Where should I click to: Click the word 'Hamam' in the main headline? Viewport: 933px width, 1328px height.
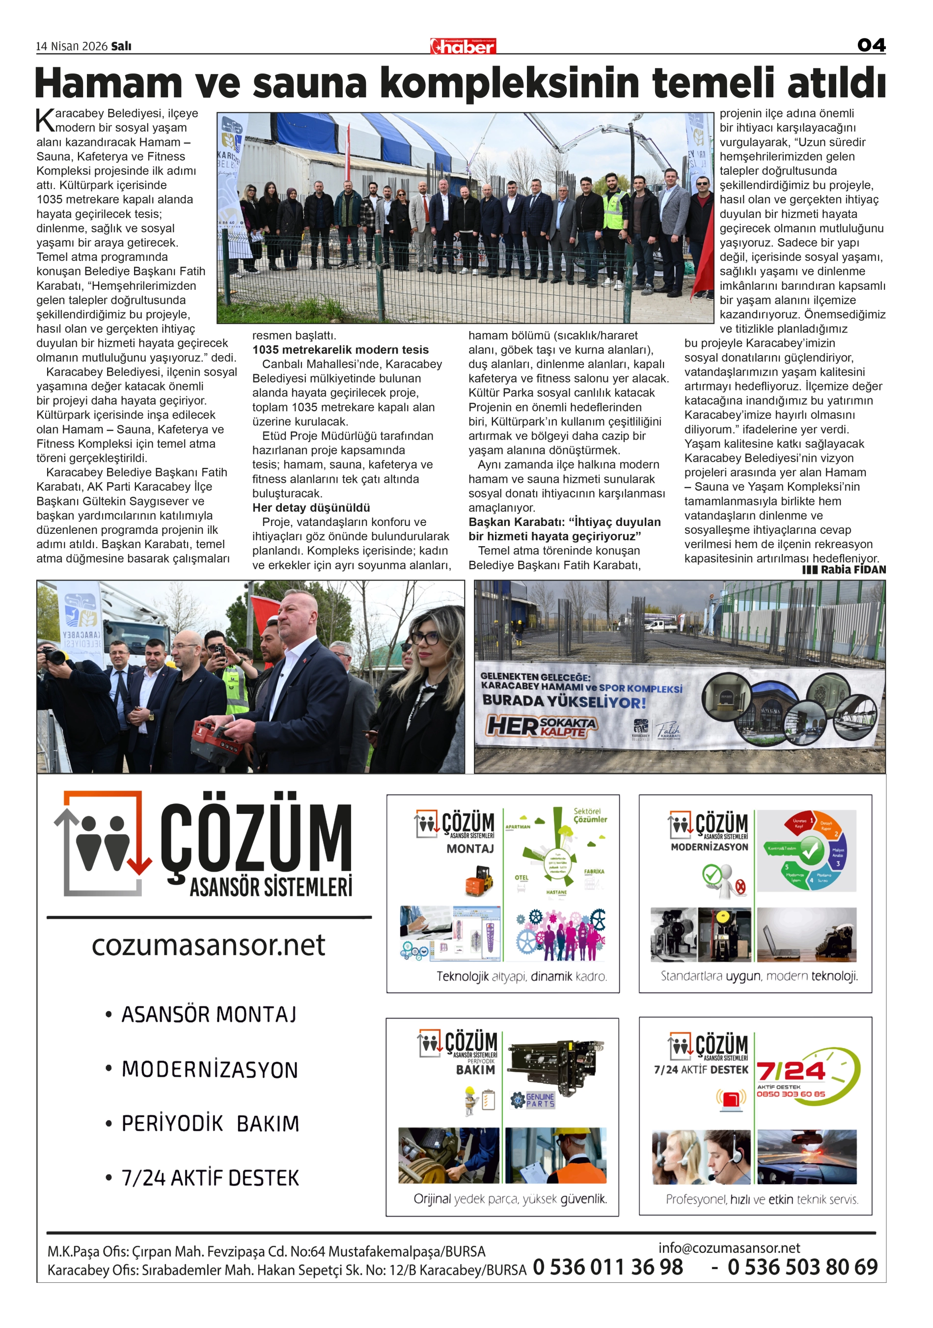pyautogui.click(x=108, y=83)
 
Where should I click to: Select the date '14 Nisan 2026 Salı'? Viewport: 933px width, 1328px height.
pyautogui.click(x=84, y=46)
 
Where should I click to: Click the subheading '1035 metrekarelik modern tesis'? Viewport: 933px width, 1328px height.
pyautogui.click(x=340, y=350)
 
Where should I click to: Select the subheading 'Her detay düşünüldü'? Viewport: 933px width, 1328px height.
pyautogui.click(x=311, y=508)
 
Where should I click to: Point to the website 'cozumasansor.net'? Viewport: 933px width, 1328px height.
pyautogui.click(x=208, y=945)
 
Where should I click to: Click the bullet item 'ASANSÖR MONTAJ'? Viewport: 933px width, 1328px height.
pyautogui.click(x=208, y=1015)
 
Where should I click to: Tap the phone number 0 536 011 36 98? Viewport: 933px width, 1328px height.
pyautogui.click(x=607, y=1267)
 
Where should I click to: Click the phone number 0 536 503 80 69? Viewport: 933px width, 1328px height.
pyautogui.click(x=802, y=1267)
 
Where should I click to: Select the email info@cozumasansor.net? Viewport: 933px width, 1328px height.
pyautogui.click(x=729, y=1247)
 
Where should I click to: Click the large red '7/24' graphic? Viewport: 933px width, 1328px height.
pyautogui.click(x=791, y=1071)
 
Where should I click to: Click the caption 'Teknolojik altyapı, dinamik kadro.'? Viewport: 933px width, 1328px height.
pyautogui.click(x=521, y=977)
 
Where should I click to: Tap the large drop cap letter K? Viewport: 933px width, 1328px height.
pyautogui.click(x=45, y=120)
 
